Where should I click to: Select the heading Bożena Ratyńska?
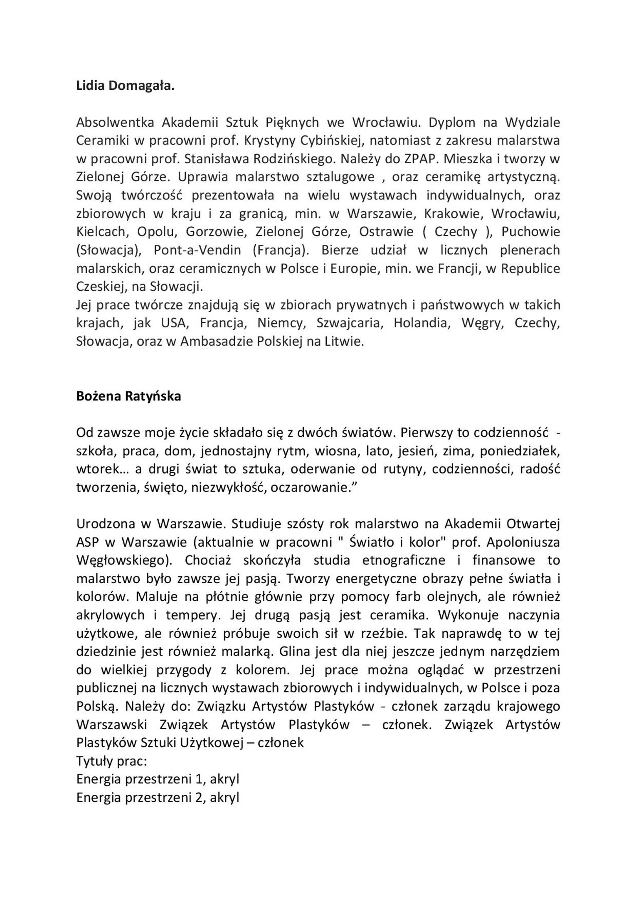(128, 396)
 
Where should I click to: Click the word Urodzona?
(106, 524)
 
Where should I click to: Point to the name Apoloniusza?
(523, 542)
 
